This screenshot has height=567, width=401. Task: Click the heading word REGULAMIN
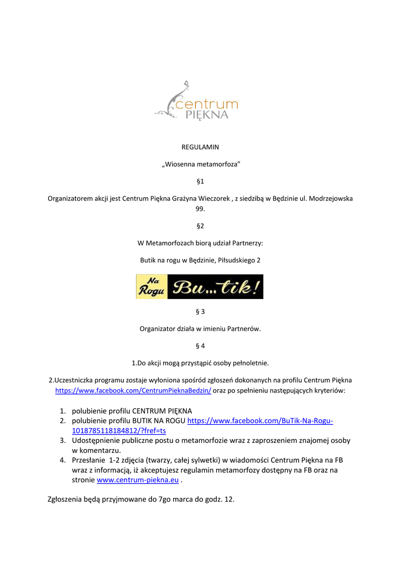(x=200, y=147)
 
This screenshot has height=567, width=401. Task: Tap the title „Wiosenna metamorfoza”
(x=200, y=164)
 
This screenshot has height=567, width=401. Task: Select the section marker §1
(x=200, y=181)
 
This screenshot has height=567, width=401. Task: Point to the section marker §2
(x=200, y=226)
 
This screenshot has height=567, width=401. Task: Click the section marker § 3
(x=200, y=312)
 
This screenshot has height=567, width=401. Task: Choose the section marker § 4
(x=200, y=346)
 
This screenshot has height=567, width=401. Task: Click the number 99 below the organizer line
(x=200, y=209)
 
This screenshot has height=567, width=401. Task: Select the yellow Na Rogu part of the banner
(x=152, y=287)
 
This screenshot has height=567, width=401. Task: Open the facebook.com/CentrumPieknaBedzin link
(x=133, y=390)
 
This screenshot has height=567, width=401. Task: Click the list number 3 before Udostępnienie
(x=63, y=441)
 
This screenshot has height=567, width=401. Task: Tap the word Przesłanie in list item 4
(x=88, y=460)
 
